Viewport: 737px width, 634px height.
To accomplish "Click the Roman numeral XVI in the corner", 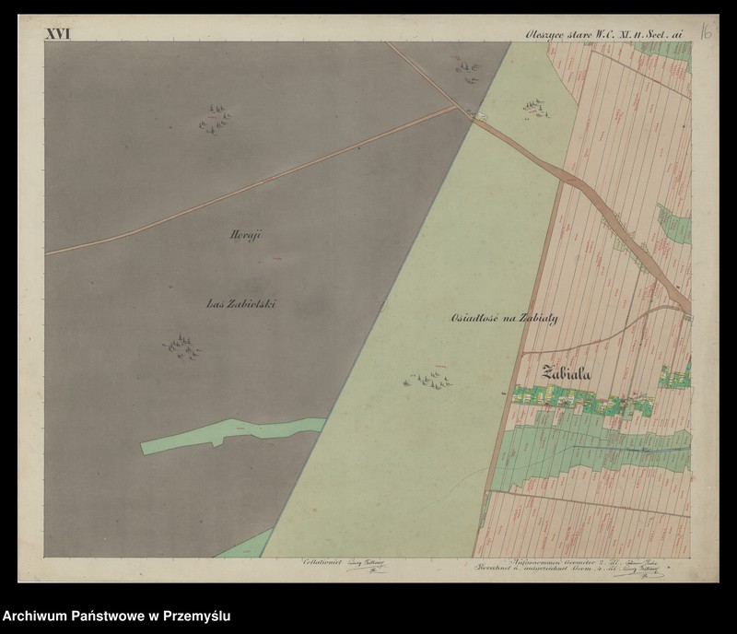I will pyautogui.click(x=58, y=34).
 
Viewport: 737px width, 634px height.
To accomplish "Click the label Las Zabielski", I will pyautogui.click(x=242, y=302).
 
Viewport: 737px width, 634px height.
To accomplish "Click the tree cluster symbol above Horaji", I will pyautogui.click(x=215, y=119).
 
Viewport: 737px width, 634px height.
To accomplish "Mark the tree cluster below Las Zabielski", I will pyautogui.click(x=182, y=346).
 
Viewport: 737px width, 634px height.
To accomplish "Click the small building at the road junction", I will pyautogui.click(x=476, y=115).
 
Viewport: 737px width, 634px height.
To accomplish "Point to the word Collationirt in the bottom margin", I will pyautogui.click(x=321, y=561).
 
